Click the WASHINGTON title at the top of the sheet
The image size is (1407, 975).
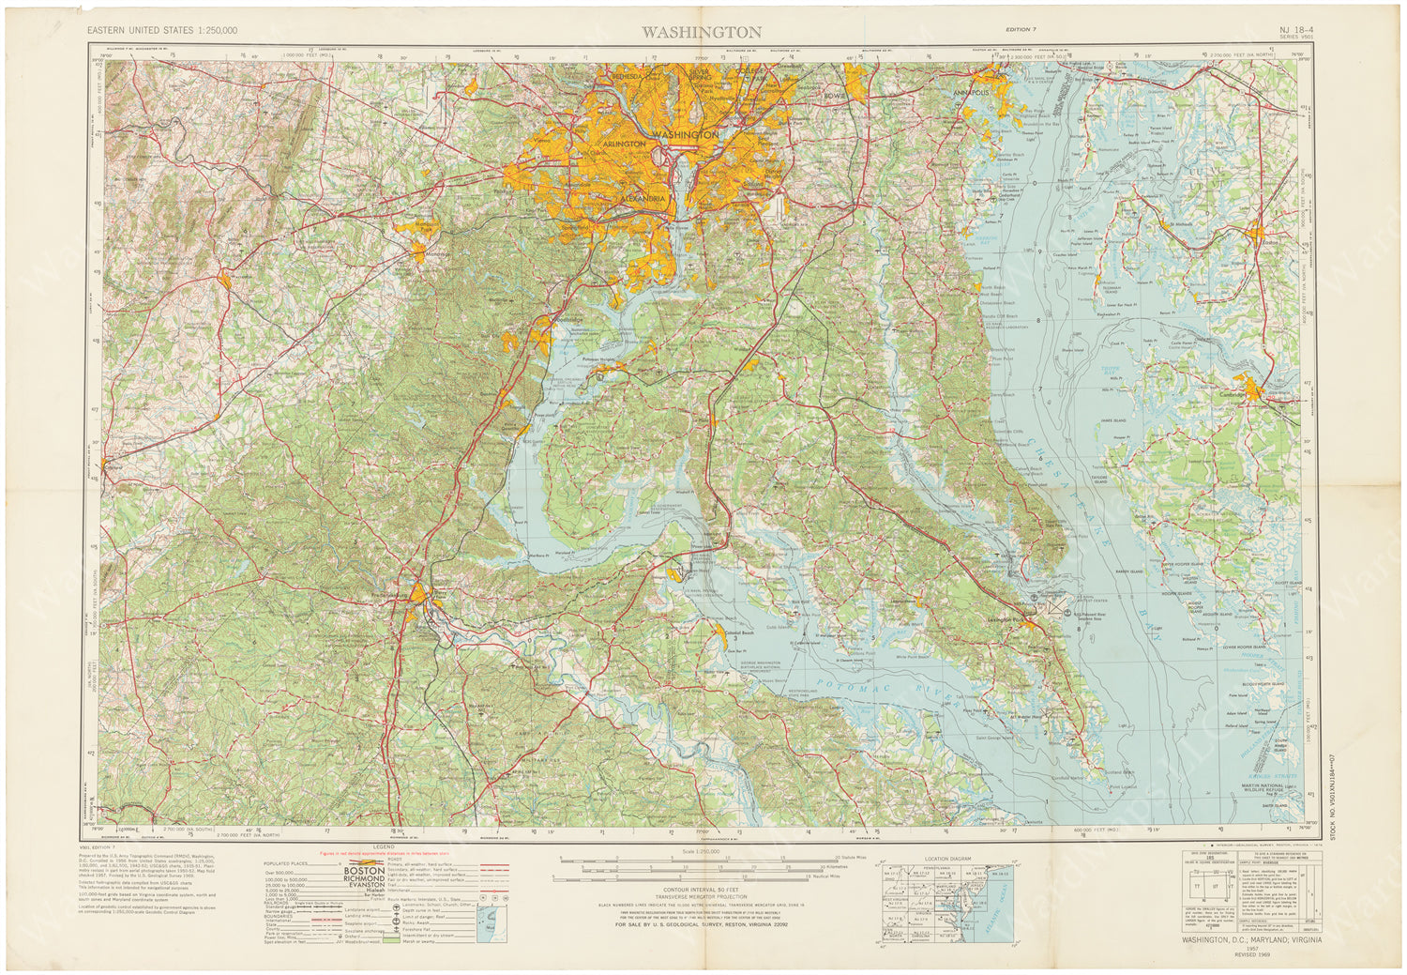pos(702,32)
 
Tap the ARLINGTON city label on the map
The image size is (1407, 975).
pos(624,144)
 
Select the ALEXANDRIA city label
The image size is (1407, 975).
pos(643,199)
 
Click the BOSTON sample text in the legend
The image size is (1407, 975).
pos(364,870)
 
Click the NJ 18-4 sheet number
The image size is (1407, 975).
pos(1295,29)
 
